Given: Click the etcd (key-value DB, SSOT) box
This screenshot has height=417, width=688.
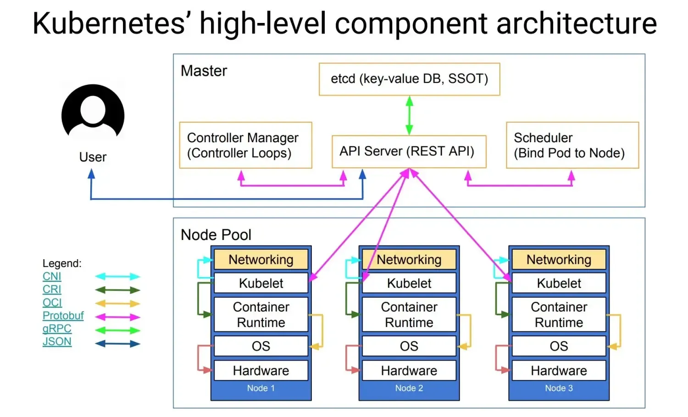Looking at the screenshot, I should click(x=409, y=79).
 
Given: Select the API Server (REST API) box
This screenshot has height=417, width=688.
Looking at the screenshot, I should click(x=408, y=151).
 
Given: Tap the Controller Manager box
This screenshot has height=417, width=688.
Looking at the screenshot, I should click(x=245, y=145).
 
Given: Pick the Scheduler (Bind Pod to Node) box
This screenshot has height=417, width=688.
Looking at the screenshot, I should click(x=572, y=145).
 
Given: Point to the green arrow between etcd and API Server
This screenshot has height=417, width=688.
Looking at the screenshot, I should click(x=409, y=115).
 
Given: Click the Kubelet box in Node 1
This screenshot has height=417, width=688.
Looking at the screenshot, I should click(x=261, y=283).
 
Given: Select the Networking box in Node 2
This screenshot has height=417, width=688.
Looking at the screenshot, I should click(x=409, y=260).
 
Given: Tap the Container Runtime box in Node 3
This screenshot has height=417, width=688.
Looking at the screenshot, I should click(x=559, y=315).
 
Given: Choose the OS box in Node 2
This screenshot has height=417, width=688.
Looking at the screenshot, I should click(x=409, y=346).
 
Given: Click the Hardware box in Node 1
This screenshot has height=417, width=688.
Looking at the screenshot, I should click(x=261, y=370).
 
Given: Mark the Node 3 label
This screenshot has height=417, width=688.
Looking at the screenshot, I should click(x=559, y=388).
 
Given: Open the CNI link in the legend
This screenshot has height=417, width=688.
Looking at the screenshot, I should click(x=52, y=276).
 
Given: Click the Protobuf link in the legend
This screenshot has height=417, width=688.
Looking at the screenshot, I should click(x=63, y=316).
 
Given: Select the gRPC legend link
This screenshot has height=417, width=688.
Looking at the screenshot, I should click(x=57, y=328).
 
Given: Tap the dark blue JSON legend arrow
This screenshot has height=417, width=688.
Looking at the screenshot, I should click(x=117, y=344).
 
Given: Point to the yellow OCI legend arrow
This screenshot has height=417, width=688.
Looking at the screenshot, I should click(x=117, y=303).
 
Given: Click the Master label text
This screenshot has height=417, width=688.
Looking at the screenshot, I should click(x=204, y=71).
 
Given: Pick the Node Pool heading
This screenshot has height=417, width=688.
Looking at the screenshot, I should click(x=216, y=235).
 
